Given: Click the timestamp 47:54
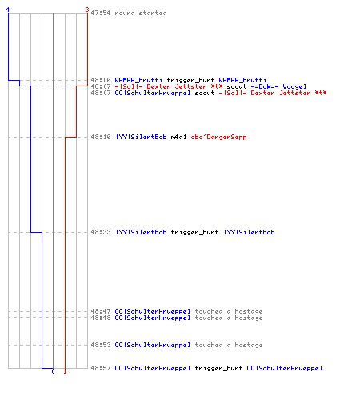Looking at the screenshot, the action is point(101,13).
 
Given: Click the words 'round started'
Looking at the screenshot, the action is point(141,13).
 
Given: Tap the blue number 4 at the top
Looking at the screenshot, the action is point(8,10).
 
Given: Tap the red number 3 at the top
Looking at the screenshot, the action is point(87,10).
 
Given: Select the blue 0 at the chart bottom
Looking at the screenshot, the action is point(53,371).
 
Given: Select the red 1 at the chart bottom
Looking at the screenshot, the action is point(65,371).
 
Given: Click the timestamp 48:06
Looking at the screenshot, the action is point(101,80).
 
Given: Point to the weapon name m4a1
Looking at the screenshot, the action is point(178,137).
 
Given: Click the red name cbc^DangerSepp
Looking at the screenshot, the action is point(218,137).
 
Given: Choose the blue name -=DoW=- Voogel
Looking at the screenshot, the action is point(278,86).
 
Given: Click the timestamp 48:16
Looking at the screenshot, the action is point(101,137).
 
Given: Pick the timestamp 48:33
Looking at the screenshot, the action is point(101,232).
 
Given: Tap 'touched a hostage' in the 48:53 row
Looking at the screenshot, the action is point(229,345).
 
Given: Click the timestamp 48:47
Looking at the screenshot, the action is point(101,311).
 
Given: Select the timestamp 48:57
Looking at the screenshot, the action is point(101,368).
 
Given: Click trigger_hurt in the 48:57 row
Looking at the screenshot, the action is point(218,368).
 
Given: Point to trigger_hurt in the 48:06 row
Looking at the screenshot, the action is point(190,80).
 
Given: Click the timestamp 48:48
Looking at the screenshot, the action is point(101,318).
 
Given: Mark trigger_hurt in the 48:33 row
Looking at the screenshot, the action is point(194,232).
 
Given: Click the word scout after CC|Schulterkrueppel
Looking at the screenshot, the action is point(205,93).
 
